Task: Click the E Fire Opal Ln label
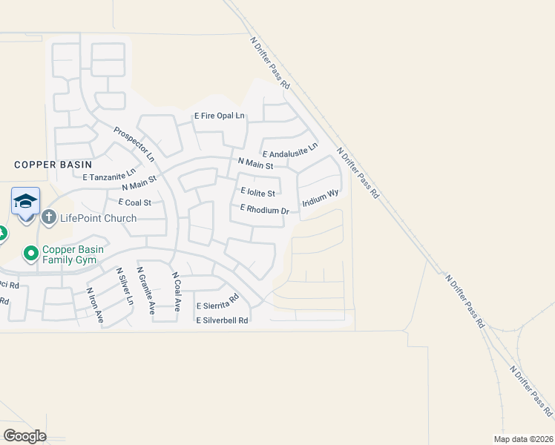click(219, 116)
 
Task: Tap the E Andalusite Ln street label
click(290, 151)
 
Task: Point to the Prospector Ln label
click(134, 145)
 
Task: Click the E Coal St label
click(134, 202)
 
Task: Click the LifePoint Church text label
click(98, 218)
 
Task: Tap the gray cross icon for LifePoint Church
click(49, 217)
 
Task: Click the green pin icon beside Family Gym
click(31, 254)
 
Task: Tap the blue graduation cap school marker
click(25, 201)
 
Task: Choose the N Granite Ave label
click(145, 291)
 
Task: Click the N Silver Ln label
click(123, 287)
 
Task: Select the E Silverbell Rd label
click(223, 320)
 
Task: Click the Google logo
click(24, 435)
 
